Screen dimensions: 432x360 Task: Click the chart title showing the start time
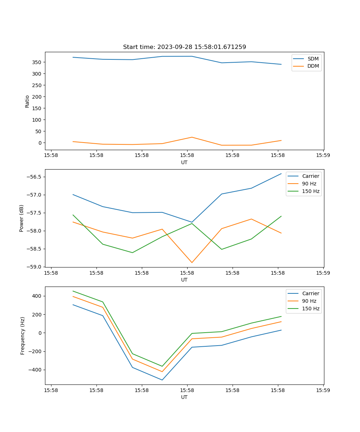click(x=184, y=47)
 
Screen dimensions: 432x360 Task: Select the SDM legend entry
click(x=313, y=59)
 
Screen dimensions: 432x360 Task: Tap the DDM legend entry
click(x=313, y=66)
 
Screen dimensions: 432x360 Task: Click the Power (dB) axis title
click(x=22, y=218)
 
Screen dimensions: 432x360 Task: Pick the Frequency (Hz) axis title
click(x=22, y=336)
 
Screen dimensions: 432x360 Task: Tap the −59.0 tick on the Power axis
click(x=36, y=267)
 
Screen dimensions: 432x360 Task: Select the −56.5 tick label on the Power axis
click(x=36, y=177)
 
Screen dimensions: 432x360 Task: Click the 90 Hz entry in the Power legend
click(x=309, y=184)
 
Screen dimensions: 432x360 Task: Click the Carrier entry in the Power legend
click(x=310, y=176)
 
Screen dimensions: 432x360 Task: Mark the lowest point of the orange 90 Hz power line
click(x=192, y=262)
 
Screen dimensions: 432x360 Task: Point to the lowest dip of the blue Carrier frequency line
click(x=162, y=380)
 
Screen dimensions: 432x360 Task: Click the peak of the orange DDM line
click(x=192, y=137)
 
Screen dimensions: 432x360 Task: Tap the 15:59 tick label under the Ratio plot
click(x=323, y=156)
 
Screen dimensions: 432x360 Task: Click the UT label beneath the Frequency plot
click(x=184, y=397)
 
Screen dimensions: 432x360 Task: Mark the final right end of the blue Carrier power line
click(x=281, y=174)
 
